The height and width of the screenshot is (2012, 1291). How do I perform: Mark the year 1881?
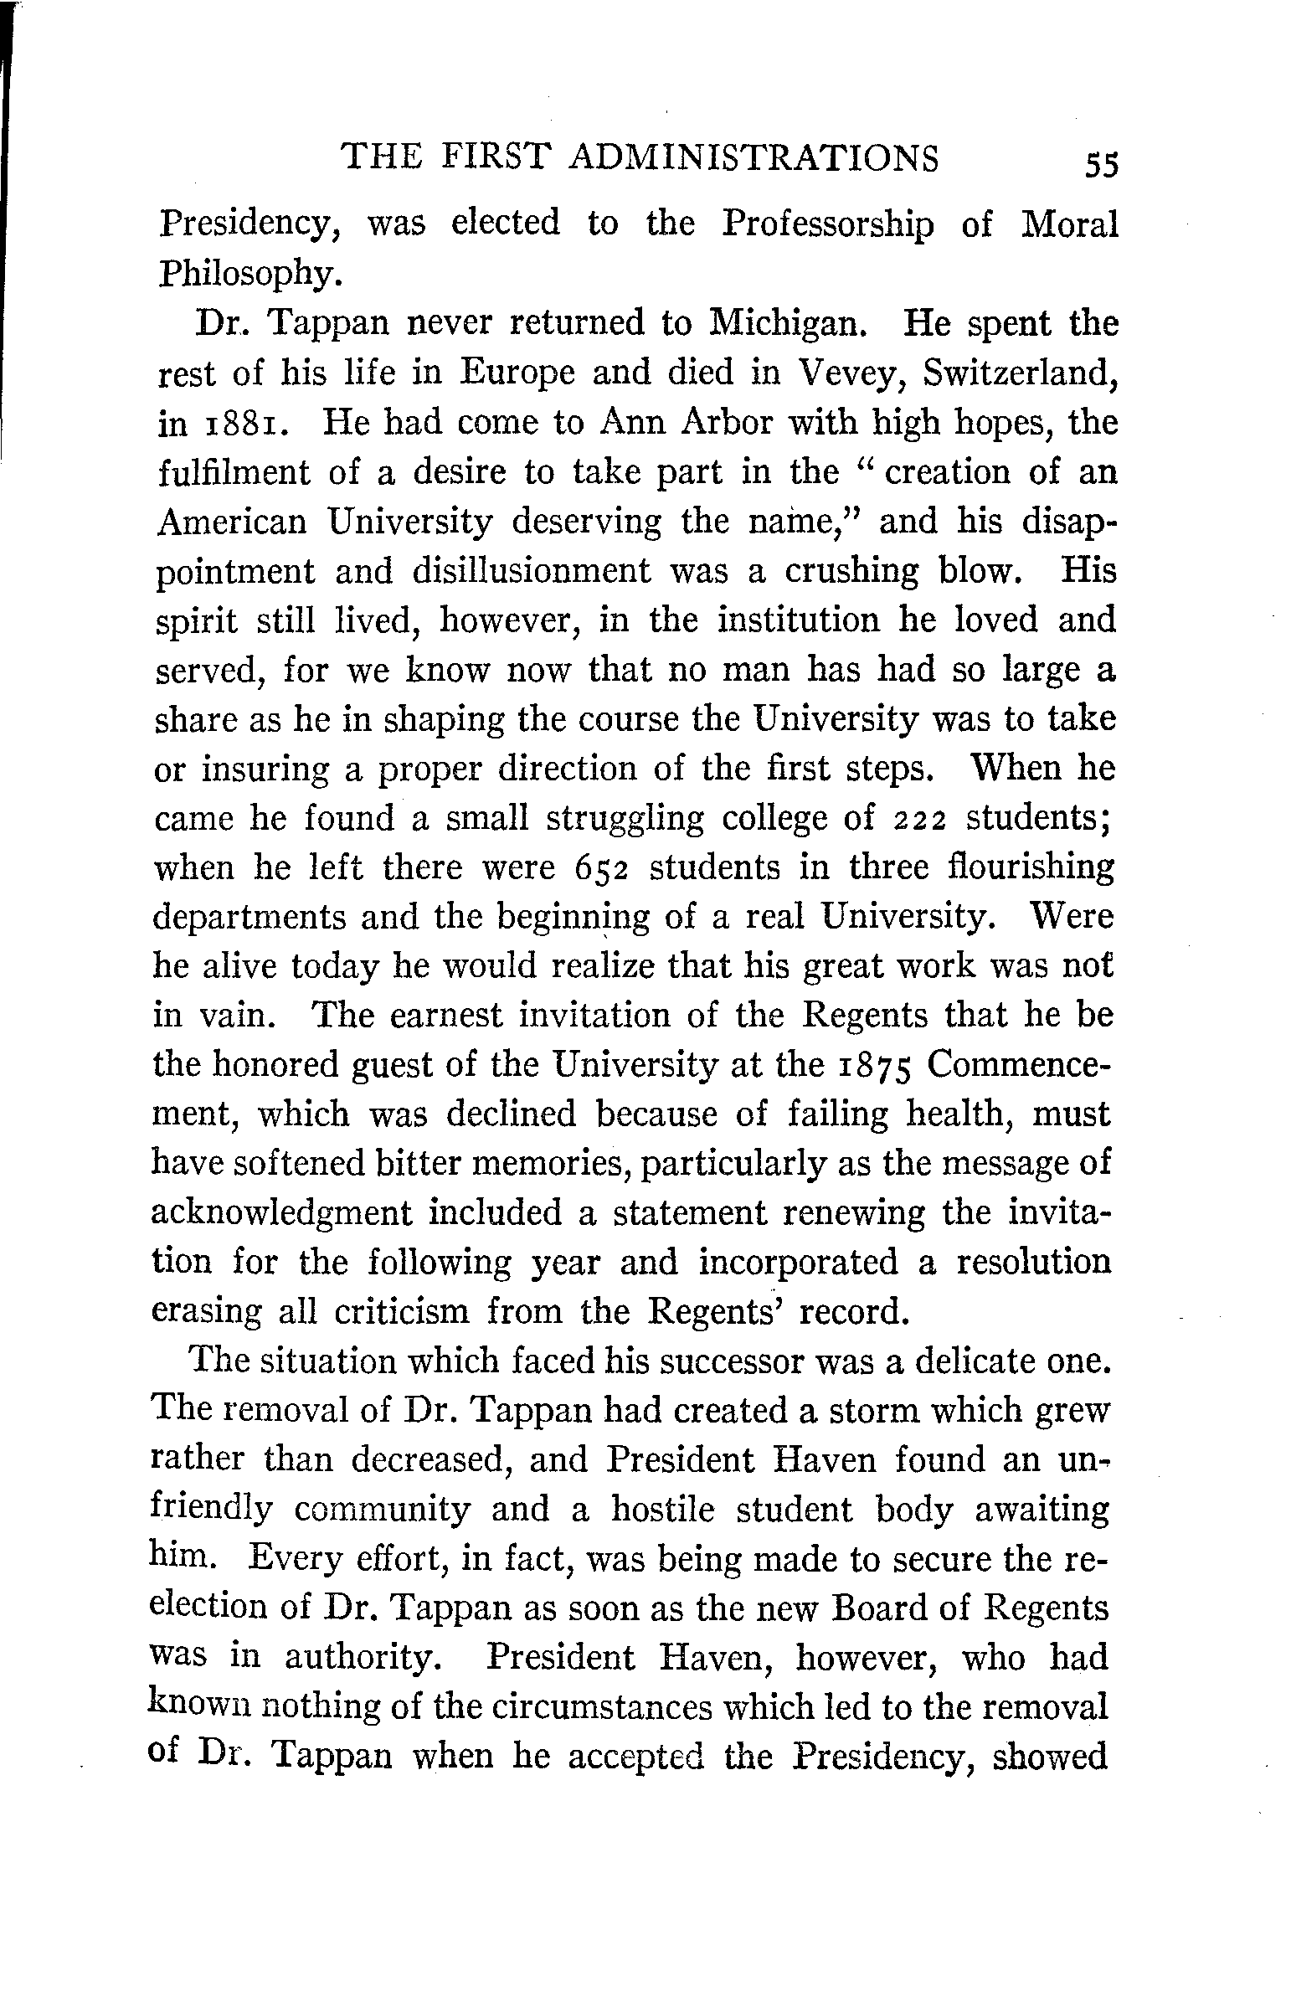pyautogui.click(x=248, y=424)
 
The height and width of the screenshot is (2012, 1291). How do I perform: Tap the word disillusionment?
pyautogui.click(x=531, y=572)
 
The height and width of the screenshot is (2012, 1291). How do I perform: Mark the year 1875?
pyautogui.click(x=877, y=1066)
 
